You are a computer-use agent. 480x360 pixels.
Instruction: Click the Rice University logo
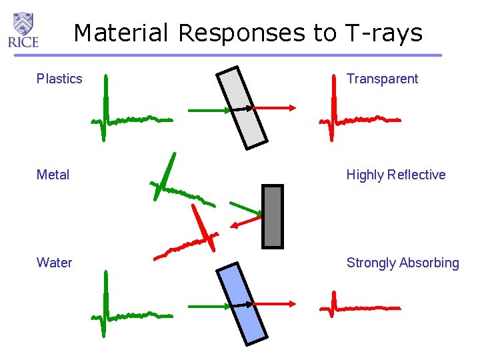point(23,30)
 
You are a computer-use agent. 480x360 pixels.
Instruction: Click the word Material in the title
point(121,33)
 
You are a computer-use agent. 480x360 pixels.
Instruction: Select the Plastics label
point(59,79)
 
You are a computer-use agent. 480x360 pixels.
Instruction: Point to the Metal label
point(53,175)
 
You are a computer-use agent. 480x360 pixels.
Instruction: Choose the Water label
point(54,263)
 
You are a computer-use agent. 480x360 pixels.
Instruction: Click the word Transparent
point(382,79)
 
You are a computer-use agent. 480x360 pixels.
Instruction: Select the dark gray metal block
point(273,217)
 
